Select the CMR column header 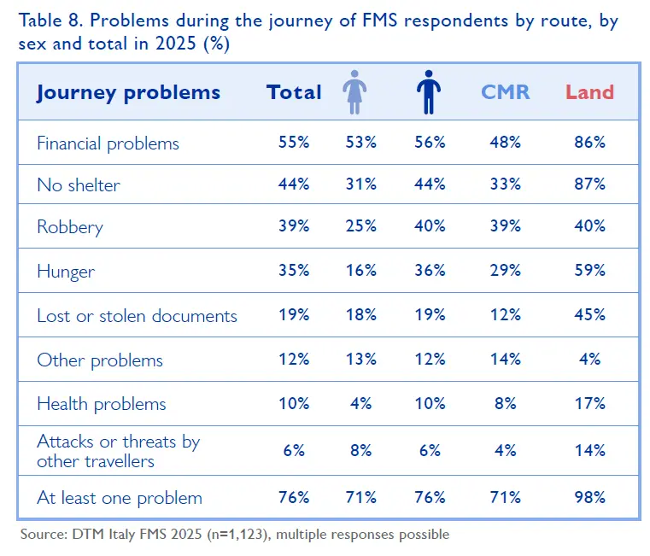[x=506, y=92]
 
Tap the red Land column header [x=589, y=92]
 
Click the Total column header [x=294, y=92]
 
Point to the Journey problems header [x=128, y=92]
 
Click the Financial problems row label [x=108, y=143]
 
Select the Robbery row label [x=69, y=226]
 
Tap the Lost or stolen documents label [x=137, y=315]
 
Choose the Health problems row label [x=101, y=404]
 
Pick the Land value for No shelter [x=589, y=184]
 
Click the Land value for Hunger [x=589, y=271]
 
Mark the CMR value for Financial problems [x=505, y=143]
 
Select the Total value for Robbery [x=293, y=226]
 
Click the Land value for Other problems [x=589, y=360]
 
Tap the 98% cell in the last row [x=589, y=497]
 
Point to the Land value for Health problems [x=589, y=404]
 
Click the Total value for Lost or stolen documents [x=293, y=315]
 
